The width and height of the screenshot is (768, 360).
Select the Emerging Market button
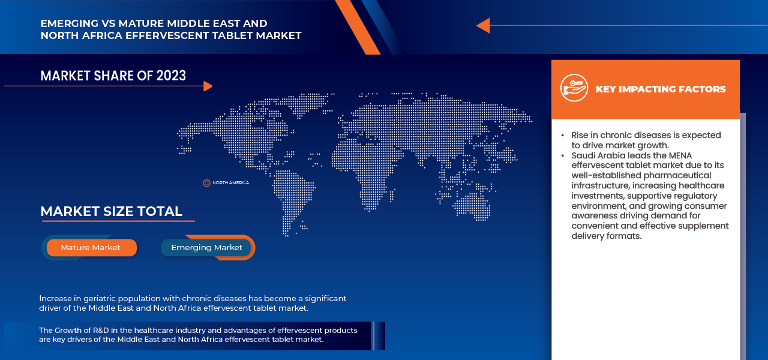pos(206,248)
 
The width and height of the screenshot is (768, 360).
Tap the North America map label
pos(230,183)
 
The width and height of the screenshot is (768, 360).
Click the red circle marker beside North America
pos(206,183)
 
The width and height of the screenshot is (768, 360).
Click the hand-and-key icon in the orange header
pos(574,88)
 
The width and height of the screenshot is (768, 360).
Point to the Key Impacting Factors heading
pos(661,89)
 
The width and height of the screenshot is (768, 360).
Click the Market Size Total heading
pos(112,212)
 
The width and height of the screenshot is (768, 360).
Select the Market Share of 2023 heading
pos(113,76)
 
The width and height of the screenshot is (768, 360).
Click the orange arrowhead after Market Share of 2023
pos(208,86)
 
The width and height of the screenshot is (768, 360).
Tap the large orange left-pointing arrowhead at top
pos(484,25)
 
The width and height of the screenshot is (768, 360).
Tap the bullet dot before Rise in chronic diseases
pos(563,136)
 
